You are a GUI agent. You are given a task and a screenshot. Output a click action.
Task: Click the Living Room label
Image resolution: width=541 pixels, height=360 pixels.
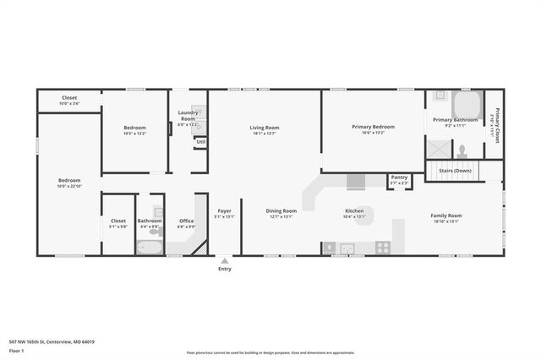click(x=264, y=128)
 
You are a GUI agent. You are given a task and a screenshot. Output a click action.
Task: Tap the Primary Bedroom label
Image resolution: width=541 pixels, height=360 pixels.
click(x=373, y=127)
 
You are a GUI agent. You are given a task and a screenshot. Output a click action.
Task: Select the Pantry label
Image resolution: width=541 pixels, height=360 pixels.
click(x=399, y=177)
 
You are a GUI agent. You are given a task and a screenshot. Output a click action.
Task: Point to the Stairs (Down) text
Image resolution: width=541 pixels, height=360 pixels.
click(x=455, y=171)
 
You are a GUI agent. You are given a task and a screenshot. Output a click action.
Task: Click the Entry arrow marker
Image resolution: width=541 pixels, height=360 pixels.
click(x=224, y=261)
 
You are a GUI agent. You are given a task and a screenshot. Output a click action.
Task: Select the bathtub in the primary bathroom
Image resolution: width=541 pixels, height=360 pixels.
click(x=467, y=105)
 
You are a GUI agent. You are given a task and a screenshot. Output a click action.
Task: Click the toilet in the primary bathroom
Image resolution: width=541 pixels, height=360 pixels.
click(x=462, y=152)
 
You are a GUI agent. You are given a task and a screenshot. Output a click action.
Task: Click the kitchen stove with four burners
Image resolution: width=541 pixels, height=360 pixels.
click(x=383, y=248)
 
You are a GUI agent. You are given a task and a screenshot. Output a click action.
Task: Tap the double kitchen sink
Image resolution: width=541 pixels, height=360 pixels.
click(x=347, y=248)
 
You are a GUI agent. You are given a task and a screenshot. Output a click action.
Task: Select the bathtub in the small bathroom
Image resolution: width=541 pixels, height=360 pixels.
click(x=150, y=248)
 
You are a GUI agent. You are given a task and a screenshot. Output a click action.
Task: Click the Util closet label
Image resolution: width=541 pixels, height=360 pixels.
click(x=200, y=141)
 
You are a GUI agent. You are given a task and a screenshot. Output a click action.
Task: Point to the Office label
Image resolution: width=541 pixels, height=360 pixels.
click(x=186, y=221)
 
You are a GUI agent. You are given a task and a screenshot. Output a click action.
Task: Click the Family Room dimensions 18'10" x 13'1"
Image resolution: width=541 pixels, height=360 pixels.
click(x=446, y=221)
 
